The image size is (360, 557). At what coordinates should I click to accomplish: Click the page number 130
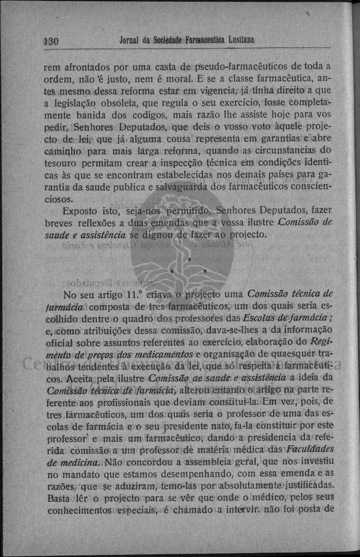(x=51, y=41)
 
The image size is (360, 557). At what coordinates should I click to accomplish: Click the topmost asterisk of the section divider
(x=190, y=261)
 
